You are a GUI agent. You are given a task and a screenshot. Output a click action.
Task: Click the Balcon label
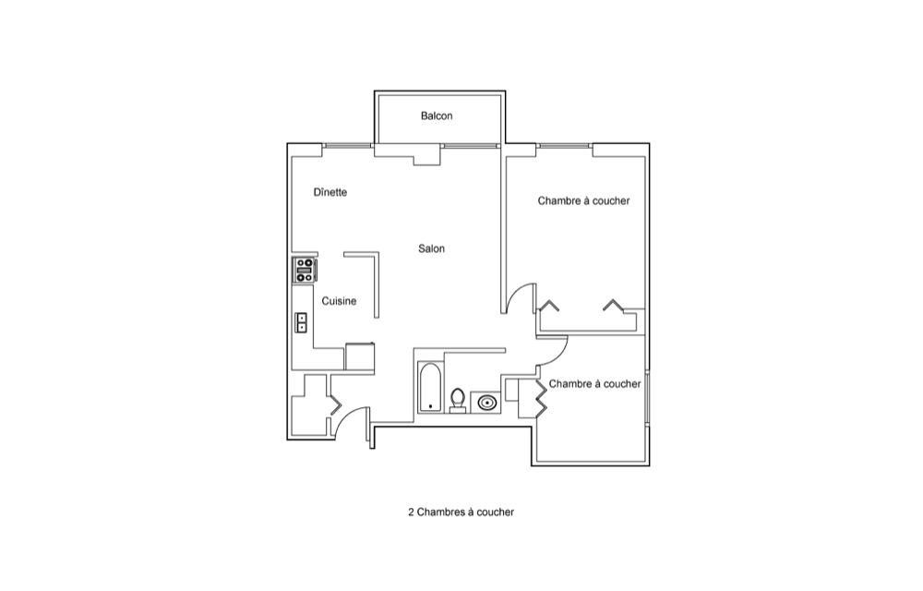tap(437, 116)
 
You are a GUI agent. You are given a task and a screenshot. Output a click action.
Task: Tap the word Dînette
tap(330, 192)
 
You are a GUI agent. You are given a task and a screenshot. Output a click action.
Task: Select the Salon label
tap(431, 248)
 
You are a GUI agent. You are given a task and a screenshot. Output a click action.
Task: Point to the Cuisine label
tap(339, 301)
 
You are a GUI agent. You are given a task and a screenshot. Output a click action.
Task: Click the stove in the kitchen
tap(305, 271)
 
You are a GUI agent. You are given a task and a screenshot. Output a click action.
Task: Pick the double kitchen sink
tap(302, 322)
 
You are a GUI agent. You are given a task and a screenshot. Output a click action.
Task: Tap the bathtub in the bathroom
tap(429, 387)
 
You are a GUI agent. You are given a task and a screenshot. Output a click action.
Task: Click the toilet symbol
tap(458, 400)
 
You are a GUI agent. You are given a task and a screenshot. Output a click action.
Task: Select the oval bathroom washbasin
tap(486, 404)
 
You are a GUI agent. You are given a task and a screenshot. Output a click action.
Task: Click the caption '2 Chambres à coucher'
tap(461, 513)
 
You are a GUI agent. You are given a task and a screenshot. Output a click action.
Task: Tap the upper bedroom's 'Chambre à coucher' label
tap(583, 200)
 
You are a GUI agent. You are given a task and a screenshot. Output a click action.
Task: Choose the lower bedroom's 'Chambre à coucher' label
tap(594, 384)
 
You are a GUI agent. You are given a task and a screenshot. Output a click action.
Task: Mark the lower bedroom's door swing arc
tap(558, 356)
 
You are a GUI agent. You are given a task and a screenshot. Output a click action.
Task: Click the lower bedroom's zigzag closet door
tap(540, 399)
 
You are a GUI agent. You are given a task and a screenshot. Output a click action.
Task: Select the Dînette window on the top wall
tap(347, 145)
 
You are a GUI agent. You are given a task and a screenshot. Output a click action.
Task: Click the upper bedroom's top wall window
tap(564, 145)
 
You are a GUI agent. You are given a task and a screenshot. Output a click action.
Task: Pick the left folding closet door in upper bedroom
tap(549, 305)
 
